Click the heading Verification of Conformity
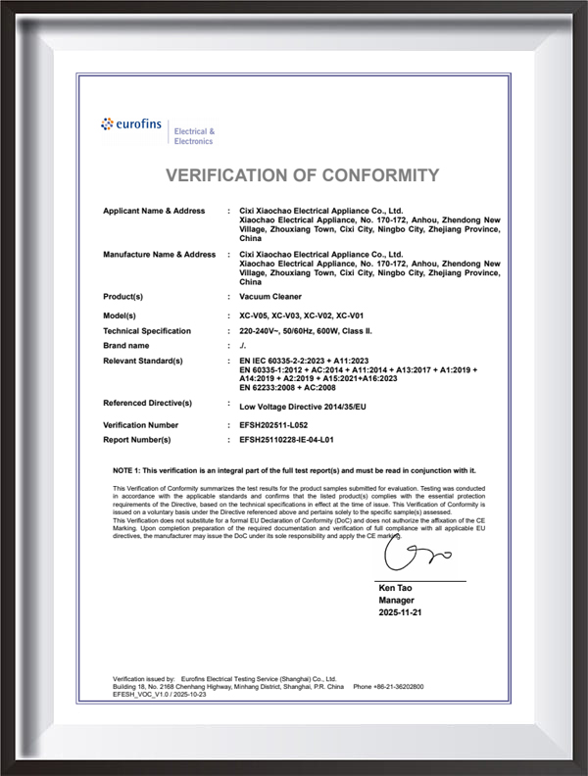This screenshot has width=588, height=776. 302,175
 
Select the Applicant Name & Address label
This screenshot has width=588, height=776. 154,211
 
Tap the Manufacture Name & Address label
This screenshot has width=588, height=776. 159,254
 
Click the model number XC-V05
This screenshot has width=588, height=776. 255,316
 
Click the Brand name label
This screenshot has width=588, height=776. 126,345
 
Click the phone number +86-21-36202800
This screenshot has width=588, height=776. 402,687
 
